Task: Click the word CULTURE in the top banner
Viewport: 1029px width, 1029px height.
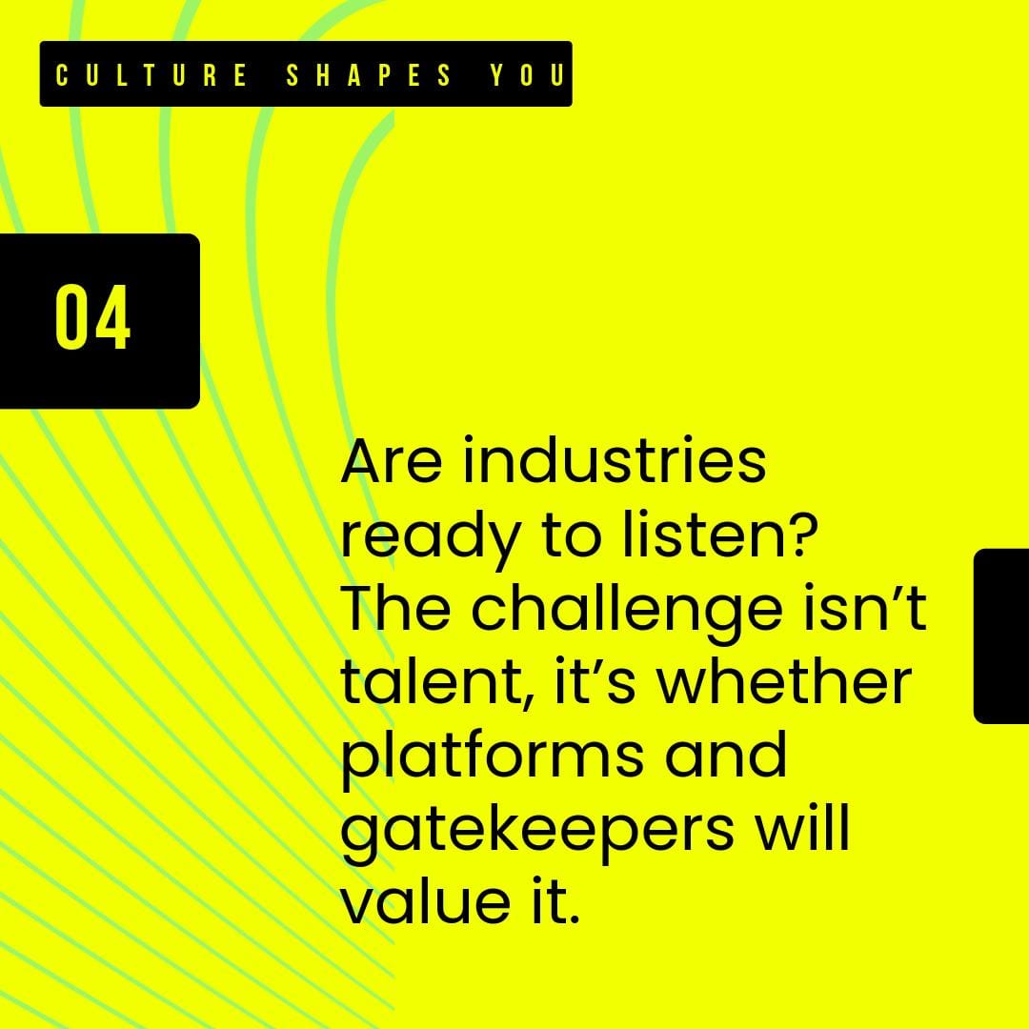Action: (151, 75)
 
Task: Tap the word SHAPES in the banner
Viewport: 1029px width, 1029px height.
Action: (369, 75)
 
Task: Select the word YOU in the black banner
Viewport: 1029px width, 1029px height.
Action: (527, 75)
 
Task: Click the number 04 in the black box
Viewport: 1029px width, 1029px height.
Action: (92, 317)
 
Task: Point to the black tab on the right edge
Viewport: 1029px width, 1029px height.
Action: (1000, 636)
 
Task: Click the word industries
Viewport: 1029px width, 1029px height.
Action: (615, 460)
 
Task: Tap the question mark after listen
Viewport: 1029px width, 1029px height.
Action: (802, 534)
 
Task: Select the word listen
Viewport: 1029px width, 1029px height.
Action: (702, 534)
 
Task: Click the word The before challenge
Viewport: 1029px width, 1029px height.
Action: (395, 607)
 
